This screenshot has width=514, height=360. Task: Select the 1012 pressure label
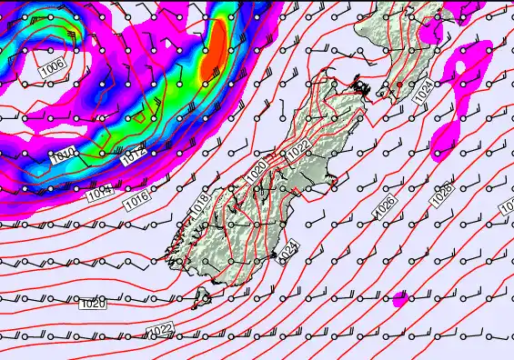click(x=134, y=155)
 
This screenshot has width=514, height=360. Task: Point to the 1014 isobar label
click(x=99, y=193)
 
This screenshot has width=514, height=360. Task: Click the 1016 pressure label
click(x=136, y=197)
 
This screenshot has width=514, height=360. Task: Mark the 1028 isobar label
click(x=442, y=193)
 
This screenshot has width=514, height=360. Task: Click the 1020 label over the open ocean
click(x=93, y=303)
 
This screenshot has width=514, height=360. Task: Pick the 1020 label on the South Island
click(x=257, y=171)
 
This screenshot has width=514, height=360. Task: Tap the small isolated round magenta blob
click(x=399, y=299)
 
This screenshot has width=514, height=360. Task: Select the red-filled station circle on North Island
click(x=399, y=85)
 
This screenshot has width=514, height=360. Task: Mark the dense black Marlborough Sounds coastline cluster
click(x=361, y=89)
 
